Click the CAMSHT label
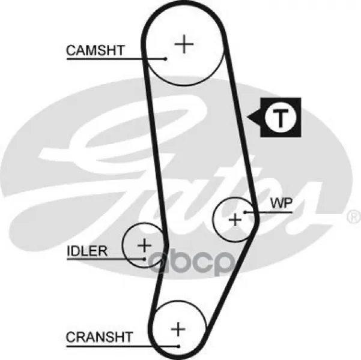tap(96, 50)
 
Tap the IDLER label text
tap(87, 251)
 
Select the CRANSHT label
tap(100, 337)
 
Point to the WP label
tap(281, 203)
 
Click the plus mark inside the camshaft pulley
tap(184, 44)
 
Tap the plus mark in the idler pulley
tap(144, 245)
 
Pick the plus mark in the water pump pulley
tap(235, 220)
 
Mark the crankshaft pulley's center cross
tap(178, 329)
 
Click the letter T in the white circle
tap(280, 118)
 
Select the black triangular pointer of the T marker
tap(254, 118)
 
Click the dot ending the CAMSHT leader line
tap(165, 59)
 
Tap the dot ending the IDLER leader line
tap(144, 259)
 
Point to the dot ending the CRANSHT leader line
tap(178, 346)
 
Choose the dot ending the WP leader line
tap(246, 212)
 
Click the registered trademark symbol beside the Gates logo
tap(354, 217)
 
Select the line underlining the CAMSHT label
tap(116, 59)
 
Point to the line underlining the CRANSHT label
tap(123, 346)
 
